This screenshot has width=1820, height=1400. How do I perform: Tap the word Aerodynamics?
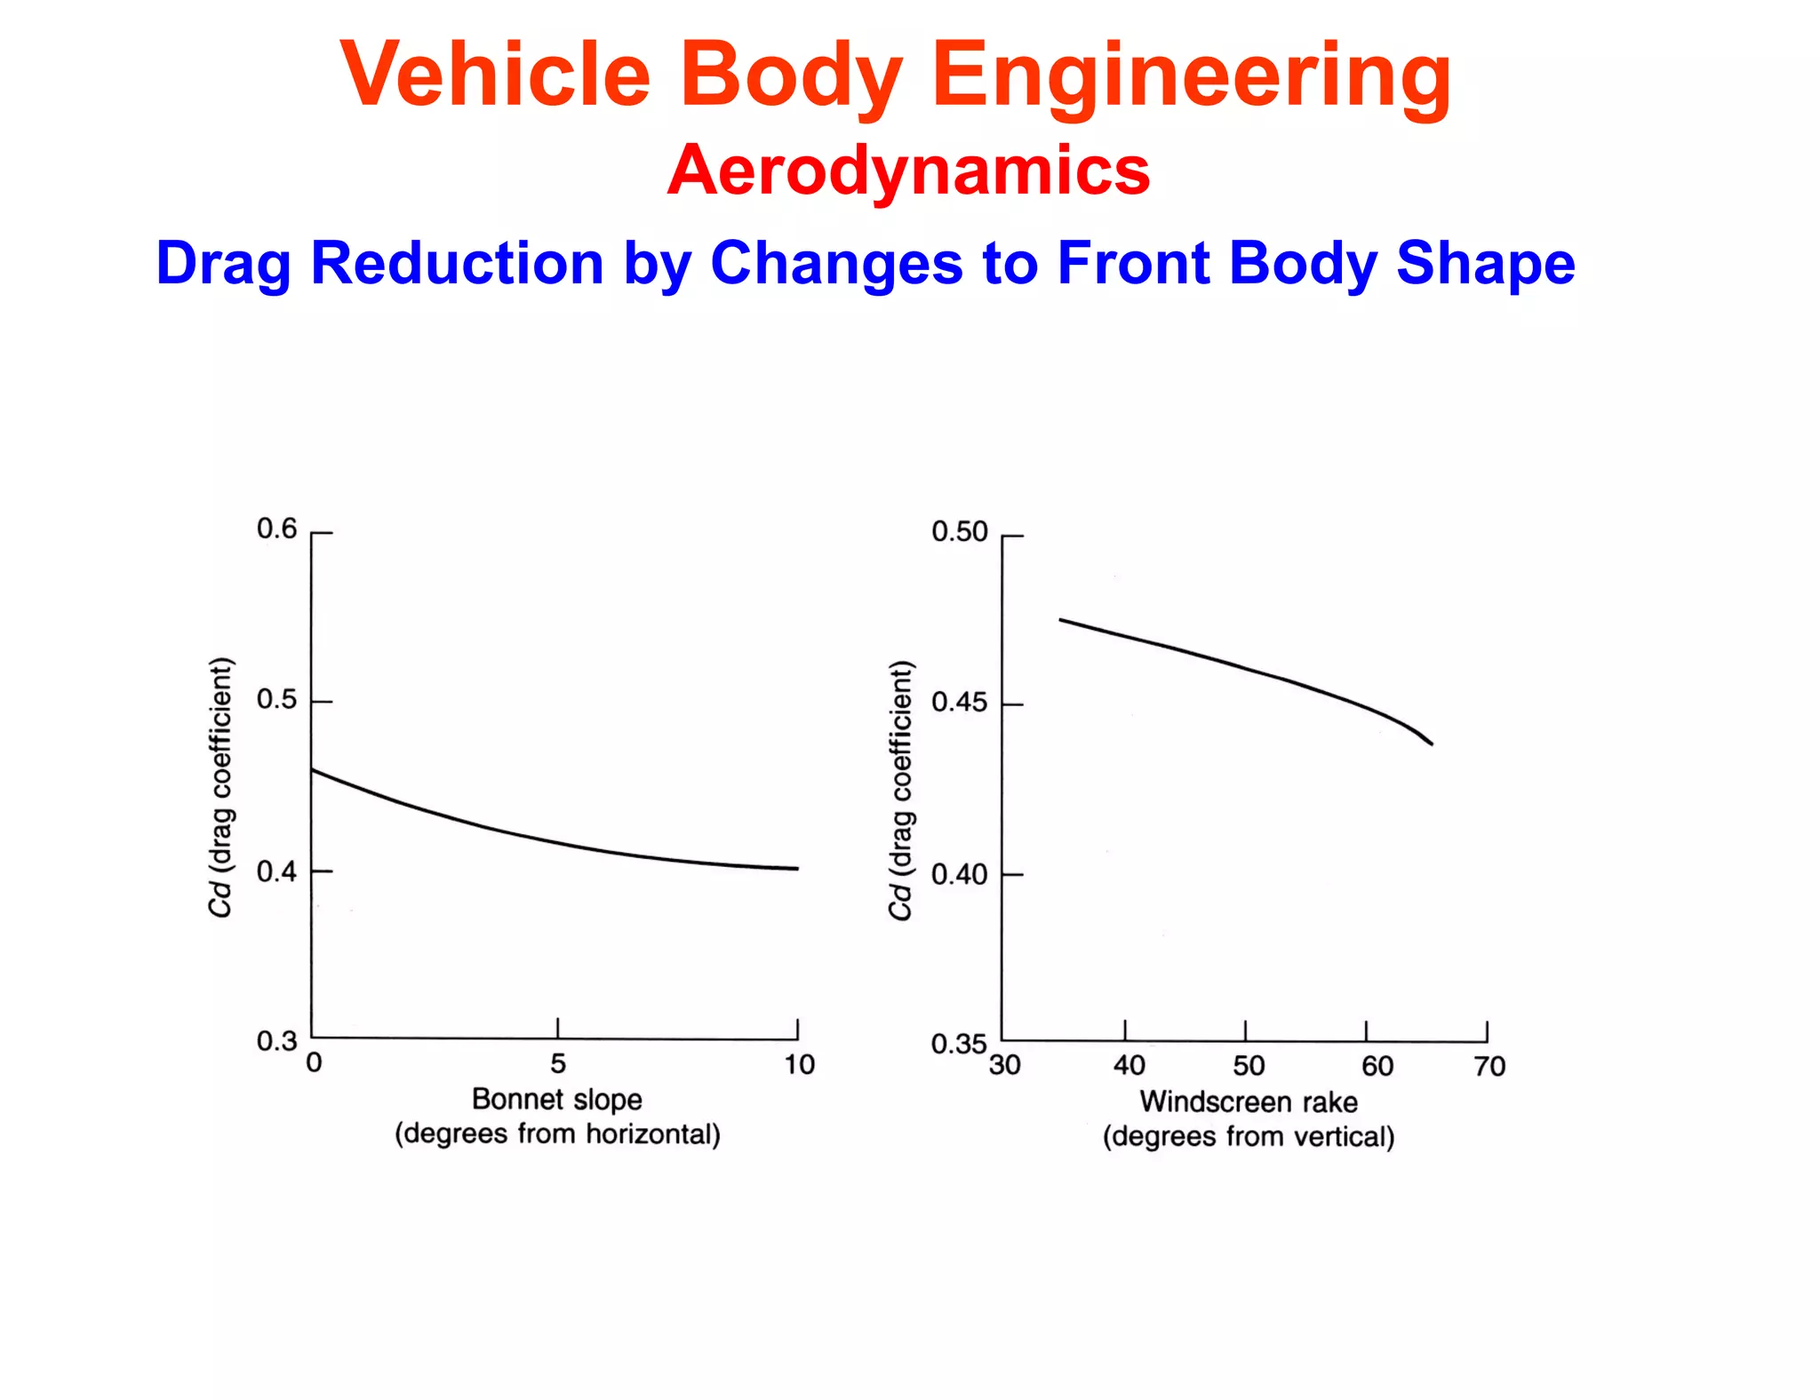tap(908, 170)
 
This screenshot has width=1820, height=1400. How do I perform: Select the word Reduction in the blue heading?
tap(457, 263)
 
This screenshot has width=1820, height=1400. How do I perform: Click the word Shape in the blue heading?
tap(1485, 263)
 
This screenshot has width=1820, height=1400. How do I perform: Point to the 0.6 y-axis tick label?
tap(276, 529)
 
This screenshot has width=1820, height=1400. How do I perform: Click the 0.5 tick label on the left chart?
tap(276, 699)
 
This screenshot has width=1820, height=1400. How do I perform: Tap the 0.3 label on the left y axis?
tap(276, 1040)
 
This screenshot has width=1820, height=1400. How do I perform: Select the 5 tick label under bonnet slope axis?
tap(558, 1063)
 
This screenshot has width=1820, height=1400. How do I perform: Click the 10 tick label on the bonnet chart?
tap(799, 1064)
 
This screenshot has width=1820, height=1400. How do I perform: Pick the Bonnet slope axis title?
tap(556, 1099)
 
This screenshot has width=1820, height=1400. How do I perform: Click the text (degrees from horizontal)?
tap(557, 1134)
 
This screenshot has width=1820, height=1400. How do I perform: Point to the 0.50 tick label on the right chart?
tap(959, 531)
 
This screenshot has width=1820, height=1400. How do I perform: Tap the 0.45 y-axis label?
tap(959, 703)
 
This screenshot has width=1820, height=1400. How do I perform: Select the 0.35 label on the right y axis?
tap(959, 1043)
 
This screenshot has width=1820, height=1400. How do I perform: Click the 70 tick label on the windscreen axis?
tap(1489, 1066)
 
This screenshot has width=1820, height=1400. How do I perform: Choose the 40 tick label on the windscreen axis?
tap(1129, 1065)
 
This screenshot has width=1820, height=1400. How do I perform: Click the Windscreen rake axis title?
tap(1249, 1102)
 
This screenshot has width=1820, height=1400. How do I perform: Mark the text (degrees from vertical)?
tap(1249, 1137)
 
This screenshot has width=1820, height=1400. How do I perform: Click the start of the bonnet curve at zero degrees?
tap(313, 770)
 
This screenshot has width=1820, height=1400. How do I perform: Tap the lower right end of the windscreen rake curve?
tap(1431, 744)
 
